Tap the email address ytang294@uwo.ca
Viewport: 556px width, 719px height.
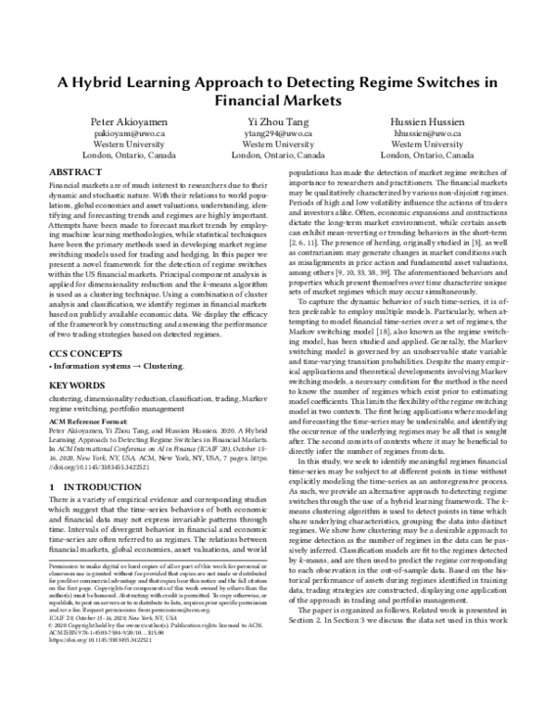tap(277, 133)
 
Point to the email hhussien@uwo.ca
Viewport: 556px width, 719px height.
tap(427, 133)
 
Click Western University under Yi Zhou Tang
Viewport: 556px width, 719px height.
tap(277, 145)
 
